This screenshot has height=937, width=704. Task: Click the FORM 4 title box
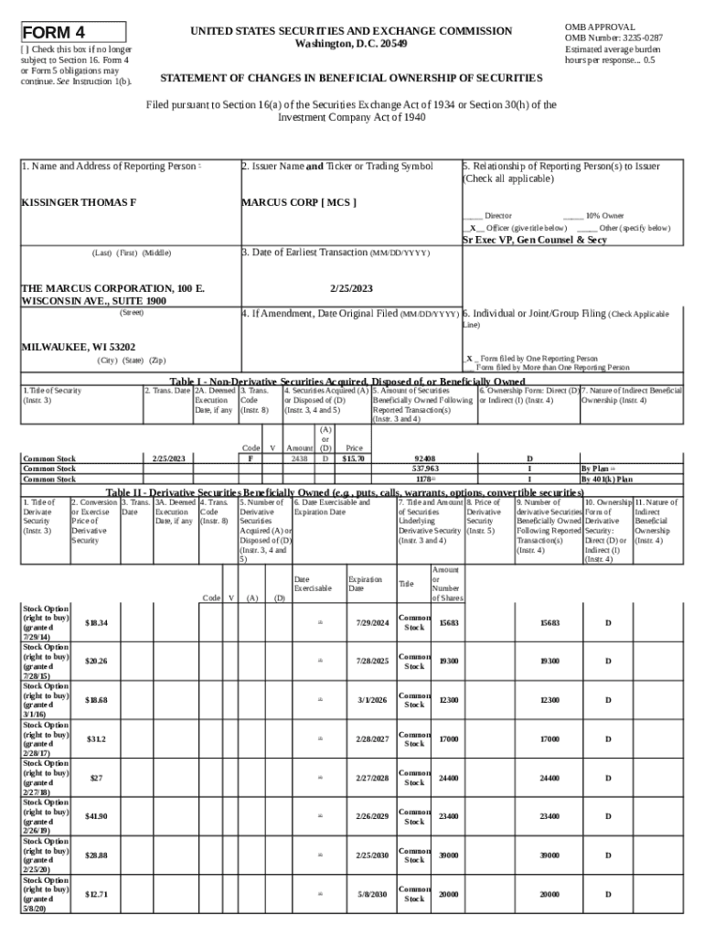tap(73, 32)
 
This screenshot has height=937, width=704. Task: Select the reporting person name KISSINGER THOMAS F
tap(79, 201)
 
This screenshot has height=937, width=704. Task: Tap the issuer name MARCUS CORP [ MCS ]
tap(298, 201)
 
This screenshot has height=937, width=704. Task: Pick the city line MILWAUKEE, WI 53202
tap(79, 348)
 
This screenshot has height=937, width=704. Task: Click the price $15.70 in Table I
tap(354, 458)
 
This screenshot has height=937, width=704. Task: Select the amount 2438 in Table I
tap(299, 458)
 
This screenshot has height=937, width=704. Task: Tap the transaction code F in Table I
tap(251, 458)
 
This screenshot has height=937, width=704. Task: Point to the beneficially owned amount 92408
tap(425, 458)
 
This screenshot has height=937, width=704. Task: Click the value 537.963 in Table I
tap(425, 468)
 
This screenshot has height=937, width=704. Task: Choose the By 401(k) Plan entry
tap(607, 479)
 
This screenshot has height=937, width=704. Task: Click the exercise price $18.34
tap(96, 622)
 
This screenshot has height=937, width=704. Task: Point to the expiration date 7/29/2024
tap(372, 622)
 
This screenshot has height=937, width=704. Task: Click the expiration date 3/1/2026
tap(372, 700)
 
